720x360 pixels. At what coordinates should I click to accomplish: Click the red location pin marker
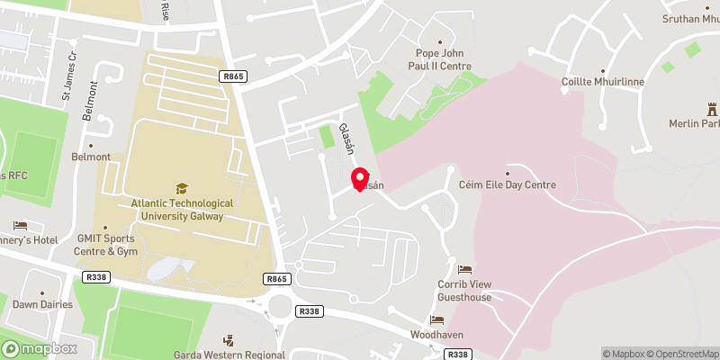[359, 177]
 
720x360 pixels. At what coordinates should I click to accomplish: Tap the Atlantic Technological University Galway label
[181, 210]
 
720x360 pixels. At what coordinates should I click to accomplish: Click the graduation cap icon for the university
[182, 188]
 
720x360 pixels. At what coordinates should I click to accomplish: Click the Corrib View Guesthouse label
[464, 291]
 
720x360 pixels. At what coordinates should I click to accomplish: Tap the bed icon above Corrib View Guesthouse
[464, 269]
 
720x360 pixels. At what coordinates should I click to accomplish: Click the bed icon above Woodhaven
[436, 319]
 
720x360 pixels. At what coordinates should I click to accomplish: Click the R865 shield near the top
[232, 77]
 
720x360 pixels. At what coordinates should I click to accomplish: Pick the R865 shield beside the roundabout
[276, 280]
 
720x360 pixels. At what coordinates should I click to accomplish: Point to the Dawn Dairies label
[42, 304]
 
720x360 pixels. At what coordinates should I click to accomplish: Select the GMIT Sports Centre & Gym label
[105, 245]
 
